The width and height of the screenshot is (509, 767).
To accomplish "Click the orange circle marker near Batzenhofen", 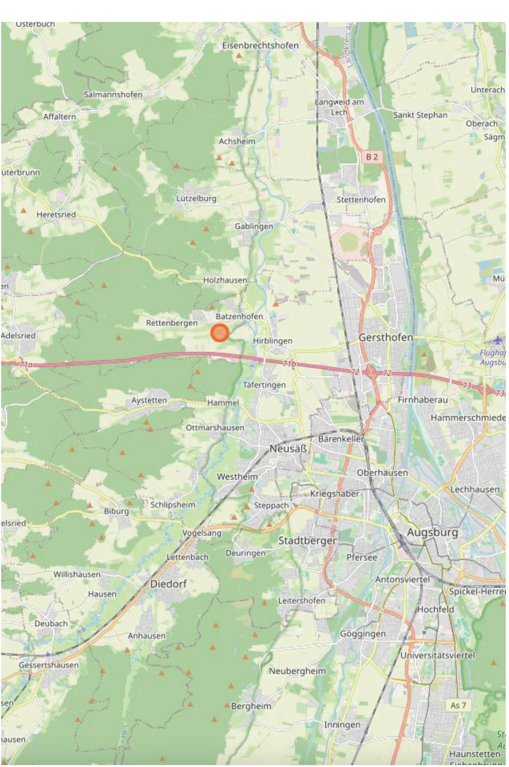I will coord(220,333).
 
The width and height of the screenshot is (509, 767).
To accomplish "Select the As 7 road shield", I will coord(458,705).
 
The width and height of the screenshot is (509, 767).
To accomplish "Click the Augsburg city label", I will coord(432,532).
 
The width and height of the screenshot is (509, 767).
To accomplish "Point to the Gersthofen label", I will coord(386,338).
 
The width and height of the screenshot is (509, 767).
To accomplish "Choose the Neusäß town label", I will coord(288,449).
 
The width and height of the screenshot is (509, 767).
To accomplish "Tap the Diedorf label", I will coord(168,584).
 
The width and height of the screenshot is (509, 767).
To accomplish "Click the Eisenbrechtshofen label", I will coord(260,45).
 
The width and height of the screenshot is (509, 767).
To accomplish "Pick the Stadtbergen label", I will coord(307,541).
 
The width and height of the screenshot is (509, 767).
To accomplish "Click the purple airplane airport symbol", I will coord(497,340).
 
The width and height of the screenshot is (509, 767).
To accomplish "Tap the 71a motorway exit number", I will coord(26,365).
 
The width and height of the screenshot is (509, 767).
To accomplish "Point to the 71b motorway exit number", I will coord(289,364).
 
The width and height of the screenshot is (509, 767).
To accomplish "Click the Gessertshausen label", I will coord(49,665).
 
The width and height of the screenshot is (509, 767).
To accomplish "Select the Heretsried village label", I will coord(56,215).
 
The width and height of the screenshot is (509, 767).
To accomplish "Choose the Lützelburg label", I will coord(196,198).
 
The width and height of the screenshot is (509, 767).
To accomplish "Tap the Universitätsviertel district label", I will coord(437,655).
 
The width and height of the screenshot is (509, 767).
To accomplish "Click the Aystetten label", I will coord(149,400).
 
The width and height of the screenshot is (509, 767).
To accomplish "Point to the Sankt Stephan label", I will coord(420,115).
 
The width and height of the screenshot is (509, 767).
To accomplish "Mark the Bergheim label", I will coord(251,706).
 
